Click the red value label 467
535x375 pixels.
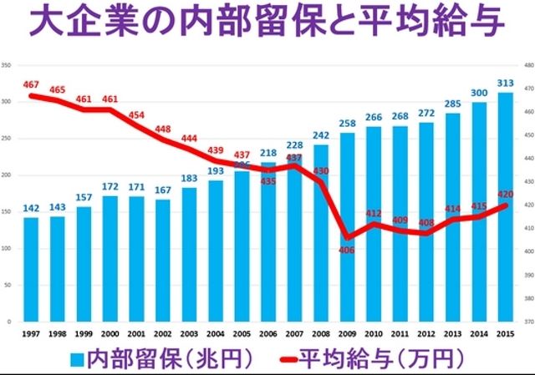coord(32,85)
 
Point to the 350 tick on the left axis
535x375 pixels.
coord(7,64)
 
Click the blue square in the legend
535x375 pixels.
coord(77,359)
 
